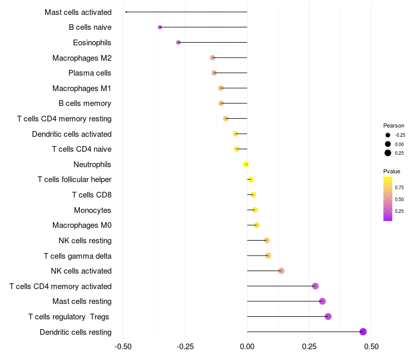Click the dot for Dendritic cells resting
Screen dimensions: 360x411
pos(363,332)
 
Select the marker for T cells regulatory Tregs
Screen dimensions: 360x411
pos(328,316)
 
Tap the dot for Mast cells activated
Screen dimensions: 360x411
pos(126,12)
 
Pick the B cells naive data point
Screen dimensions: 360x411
pos(160,27)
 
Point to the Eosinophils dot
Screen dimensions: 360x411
pos(178,42)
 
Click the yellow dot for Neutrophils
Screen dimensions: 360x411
pos(246,164)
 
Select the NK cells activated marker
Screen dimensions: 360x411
pos(281,271)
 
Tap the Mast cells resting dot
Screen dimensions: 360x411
pos(322,301)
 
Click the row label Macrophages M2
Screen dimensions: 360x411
pos(82,58)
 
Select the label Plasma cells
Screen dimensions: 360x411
pos(90,73)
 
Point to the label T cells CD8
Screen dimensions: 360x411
pos(91,195)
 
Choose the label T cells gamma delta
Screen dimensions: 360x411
pos(78,256)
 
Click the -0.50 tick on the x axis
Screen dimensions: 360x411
pos(123,347)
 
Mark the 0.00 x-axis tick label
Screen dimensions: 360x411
pos(247,347)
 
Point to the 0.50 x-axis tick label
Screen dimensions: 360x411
pos(371,347)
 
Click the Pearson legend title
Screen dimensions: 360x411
pos(394,125)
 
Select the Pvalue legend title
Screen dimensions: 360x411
pos(391,171)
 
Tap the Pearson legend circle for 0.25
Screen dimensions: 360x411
pos(388,153)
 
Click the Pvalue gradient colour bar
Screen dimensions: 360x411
pos(388,199)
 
